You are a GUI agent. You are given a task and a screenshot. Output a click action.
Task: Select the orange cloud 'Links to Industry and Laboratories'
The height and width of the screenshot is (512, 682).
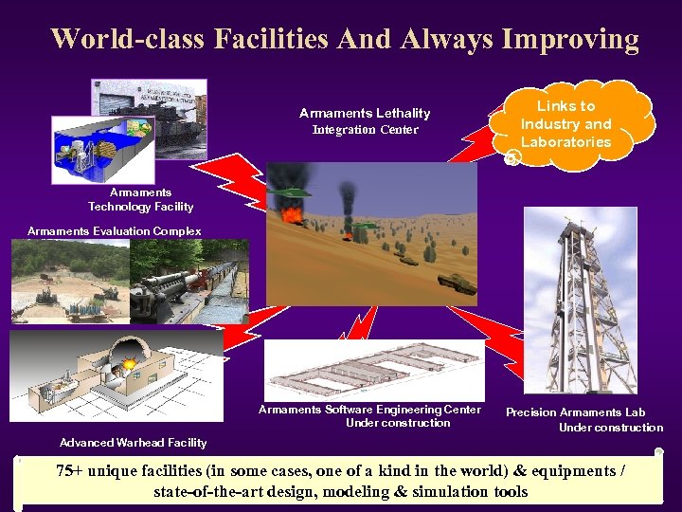point(568,124)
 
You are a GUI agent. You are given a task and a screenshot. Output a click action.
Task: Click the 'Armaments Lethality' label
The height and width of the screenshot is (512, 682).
point(365,113)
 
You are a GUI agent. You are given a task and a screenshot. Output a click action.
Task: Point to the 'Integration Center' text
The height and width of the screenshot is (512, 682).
point(365,130)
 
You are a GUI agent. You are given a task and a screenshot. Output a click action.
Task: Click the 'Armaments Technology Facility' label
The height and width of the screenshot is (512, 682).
point(140,199)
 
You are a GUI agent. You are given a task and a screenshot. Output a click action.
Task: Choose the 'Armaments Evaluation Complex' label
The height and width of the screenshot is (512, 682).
point(115,231)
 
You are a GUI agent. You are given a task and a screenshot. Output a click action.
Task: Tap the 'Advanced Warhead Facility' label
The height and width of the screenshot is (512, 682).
point(133,443)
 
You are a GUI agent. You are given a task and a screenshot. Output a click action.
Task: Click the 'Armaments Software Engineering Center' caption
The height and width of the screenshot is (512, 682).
point(369,410)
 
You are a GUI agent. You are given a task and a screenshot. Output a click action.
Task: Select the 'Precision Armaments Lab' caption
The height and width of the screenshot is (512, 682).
point(576,412)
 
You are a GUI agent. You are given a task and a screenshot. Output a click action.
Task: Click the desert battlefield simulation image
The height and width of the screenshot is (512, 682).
point(360,232)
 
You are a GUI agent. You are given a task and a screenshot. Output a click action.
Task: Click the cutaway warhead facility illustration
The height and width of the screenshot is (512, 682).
point(114,375)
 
